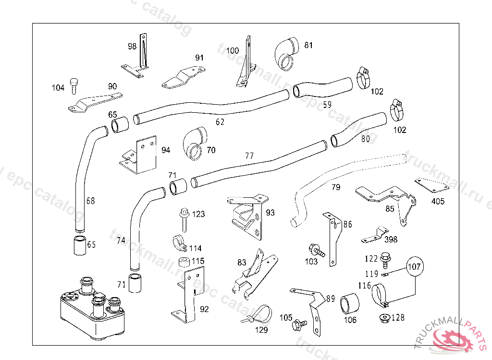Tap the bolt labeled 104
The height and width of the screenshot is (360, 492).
pos(74,87)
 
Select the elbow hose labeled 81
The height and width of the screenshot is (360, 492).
pos(287,54)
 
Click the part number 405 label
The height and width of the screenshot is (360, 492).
pos(438,202)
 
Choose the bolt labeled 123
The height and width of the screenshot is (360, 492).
pos(184,218)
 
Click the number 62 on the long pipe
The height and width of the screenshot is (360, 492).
pos(220,122)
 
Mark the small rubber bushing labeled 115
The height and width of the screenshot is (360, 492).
pos(183,262)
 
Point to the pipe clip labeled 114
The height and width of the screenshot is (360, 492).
pos(179,242)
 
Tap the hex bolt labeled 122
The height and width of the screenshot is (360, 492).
pos(385,260)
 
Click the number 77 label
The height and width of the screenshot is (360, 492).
pos(249,156)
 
